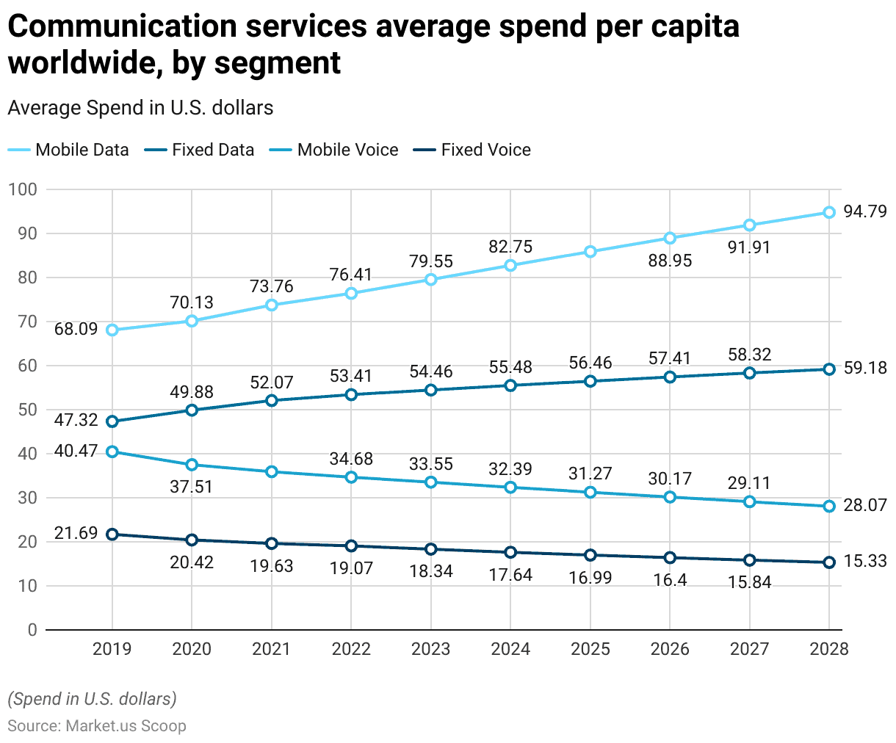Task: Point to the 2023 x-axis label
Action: pos(431,649)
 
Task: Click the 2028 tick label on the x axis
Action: pos(828,649)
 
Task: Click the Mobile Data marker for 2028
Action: pos(829,212)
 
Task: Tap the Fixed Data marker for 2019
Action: pos(112,421)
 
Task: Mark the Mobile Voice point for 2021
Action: pos(272,471)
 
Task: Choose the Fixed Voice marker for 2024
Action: pos(510,552)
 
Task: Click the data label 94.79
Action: pos(865,213)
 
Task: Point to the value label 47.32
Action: pos(76,420)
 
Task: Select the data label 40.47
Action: pos(76,450)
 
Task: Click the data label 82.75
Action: pos(510,247)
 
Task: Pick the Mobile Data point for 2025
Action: pos(590,252)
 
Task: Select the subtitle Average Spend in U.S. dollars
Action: pos(140,108)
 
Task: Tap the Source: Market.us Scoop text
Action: pos(97,726)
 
